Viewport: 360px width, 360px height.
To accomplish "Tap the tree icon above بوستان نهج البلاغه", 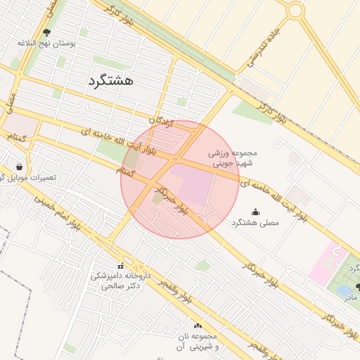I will [47, 32].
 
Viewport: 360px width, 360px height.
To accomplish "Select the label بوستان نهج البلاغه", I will [47, 43].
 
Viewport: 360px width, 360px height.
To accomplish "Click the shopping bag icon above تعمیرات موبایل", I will [18, 167].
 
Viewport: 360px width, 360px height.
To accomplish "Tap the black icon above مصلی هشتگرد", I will [255, 212].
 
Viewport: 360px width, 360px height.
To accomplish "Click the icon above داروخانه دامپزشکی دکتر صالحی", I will [120, 266].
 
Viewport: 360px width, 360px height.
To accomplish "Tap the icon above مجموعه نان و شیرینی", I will [198, 326].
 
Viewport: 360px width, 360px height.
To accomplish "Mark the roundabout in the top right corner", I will [295, 11].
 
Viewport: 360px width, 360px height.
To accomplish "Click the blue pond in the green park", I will [345, 289].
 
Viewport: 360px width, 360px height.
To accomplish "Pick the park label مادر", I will [350, 297].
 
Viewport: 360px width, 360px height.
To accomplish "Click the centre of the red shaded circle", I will [180, 180].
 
